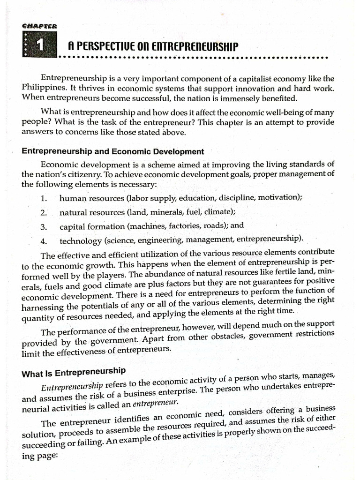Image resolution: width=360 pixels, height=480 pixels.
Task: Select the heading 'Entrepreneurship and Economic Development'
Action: [112, 151]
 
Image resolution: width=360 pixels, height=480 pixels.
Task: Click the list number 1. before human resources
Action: [44, 198]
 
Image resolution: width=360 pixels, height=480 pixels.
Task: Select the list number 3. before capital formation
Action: [44, 227]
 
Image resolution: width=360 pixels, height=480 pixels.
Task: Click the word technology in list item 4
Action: [80, 241]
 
